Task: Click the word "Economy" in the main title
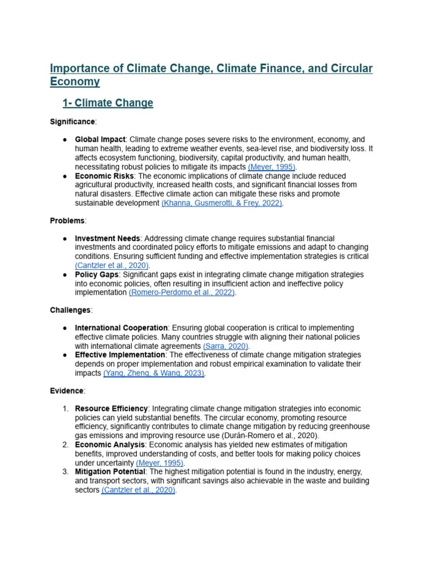[x=75, y=81]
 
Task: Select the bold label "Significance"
[x=72, y=121]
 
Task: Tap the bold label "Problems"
[x=68, y=220]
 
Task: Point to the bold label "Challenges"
[x=70, y=310]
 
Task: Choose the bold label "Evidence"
[x=66, y=391]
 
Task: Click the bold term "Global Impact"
[x=100, y=140]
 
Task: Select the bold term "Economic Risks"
[x=104, y=176]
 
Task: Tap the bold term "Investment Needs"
[x=107, y=239]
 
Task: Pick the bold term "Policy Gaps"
[x=97, y=275]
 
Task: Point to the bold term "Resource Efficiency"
[x=111, y=409]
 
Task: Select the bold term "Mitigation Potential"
[x=112, y=472]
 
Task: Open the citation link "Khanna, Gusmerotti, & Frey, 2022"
[x=222, y=203]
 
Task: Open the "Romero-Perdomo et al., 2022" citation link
[x=182, y=292]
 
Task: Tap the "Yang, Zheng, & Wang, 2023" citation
[x=154, y=373]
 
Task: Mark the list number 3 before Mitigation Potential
[x=65, y=472]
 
